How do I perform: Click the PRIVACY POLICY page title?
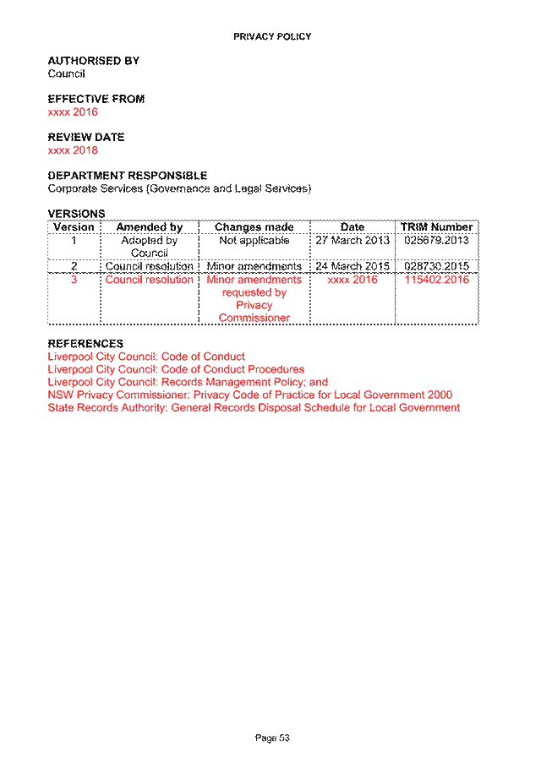(272, 37)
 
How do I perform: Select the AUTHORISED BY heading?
(93, 61)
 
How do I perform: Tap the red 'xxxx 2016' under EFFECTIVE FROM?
(73, 112)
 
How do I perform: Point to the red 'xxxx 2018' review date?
(73, 150)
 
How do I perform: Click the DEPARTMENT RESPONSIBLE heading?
(127, 176)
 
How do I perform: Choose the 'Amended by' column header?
(150, 227)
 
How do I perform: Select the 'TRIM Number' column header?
(437, 227)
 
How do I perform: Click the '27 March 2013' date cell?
(353, 241)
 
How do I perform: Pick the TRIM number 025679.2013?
(437, 241)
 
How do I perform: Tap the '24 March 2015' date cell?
(353, 266)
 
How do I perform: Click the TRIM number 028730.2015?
(437, 266)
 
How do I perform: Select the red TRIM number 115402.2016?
(437, 280)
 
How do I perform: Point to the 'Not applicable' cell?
(254, 241)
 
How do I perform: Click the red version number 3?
(74, 280)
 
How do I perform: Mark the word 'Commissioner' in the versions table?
(254, 318)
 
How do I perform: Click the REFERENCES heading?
(85, 344)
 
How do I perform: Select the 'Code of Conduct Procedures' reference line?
(176, 369)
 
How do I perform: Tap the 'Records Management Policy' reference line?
(188, 383)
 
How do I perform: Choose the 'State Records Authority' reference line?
(254, 408)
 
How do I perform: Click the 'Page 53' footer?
(272, 738)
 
